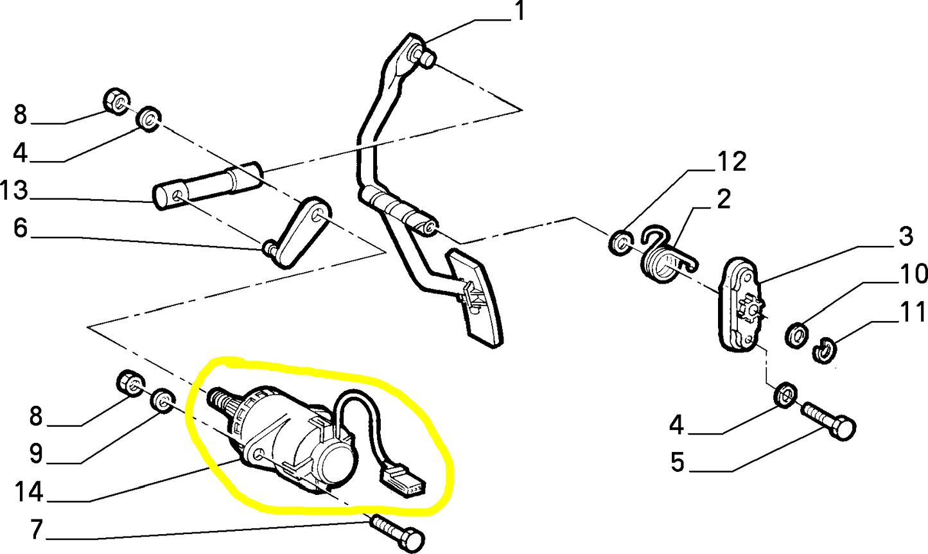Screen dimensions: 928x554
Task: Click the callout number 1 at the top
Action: click(519, 11)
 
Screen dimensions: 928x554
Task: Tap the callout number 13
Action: click(14, 190)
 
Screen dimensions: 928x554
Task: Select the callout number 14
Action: click(29, 492)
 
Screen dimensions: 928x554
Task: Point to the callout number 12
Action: click(731, 162)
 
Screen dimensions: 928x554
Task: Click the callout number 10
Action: click(912, 273)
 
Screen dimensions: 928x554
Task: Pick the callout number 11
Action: click(913, 311)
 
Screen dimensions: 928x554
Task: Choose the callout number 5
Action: click(677, 462)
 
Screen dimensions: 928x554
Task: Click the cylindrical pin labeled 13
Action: click(208, 186)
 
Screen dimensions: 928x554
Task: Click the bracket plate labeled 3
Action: click(740, 305)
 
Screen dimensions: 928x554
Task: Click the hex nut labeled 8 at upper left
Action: click(116, 101)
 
